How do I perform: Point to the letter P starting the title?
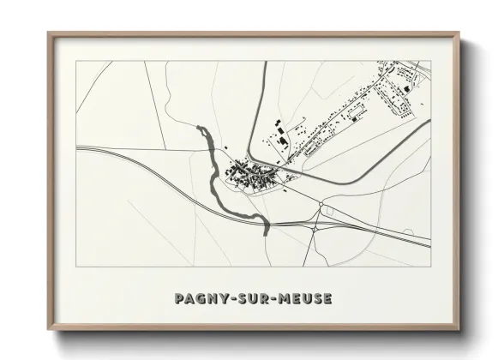click(178, 299)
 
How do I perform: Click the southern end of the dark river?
click(267, 231)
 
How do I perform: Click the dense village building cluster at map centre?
click(250, 176)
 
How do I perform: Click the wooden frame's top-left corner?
click(47, 33)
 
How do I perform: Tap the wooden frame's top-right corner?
click(459, 33)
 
